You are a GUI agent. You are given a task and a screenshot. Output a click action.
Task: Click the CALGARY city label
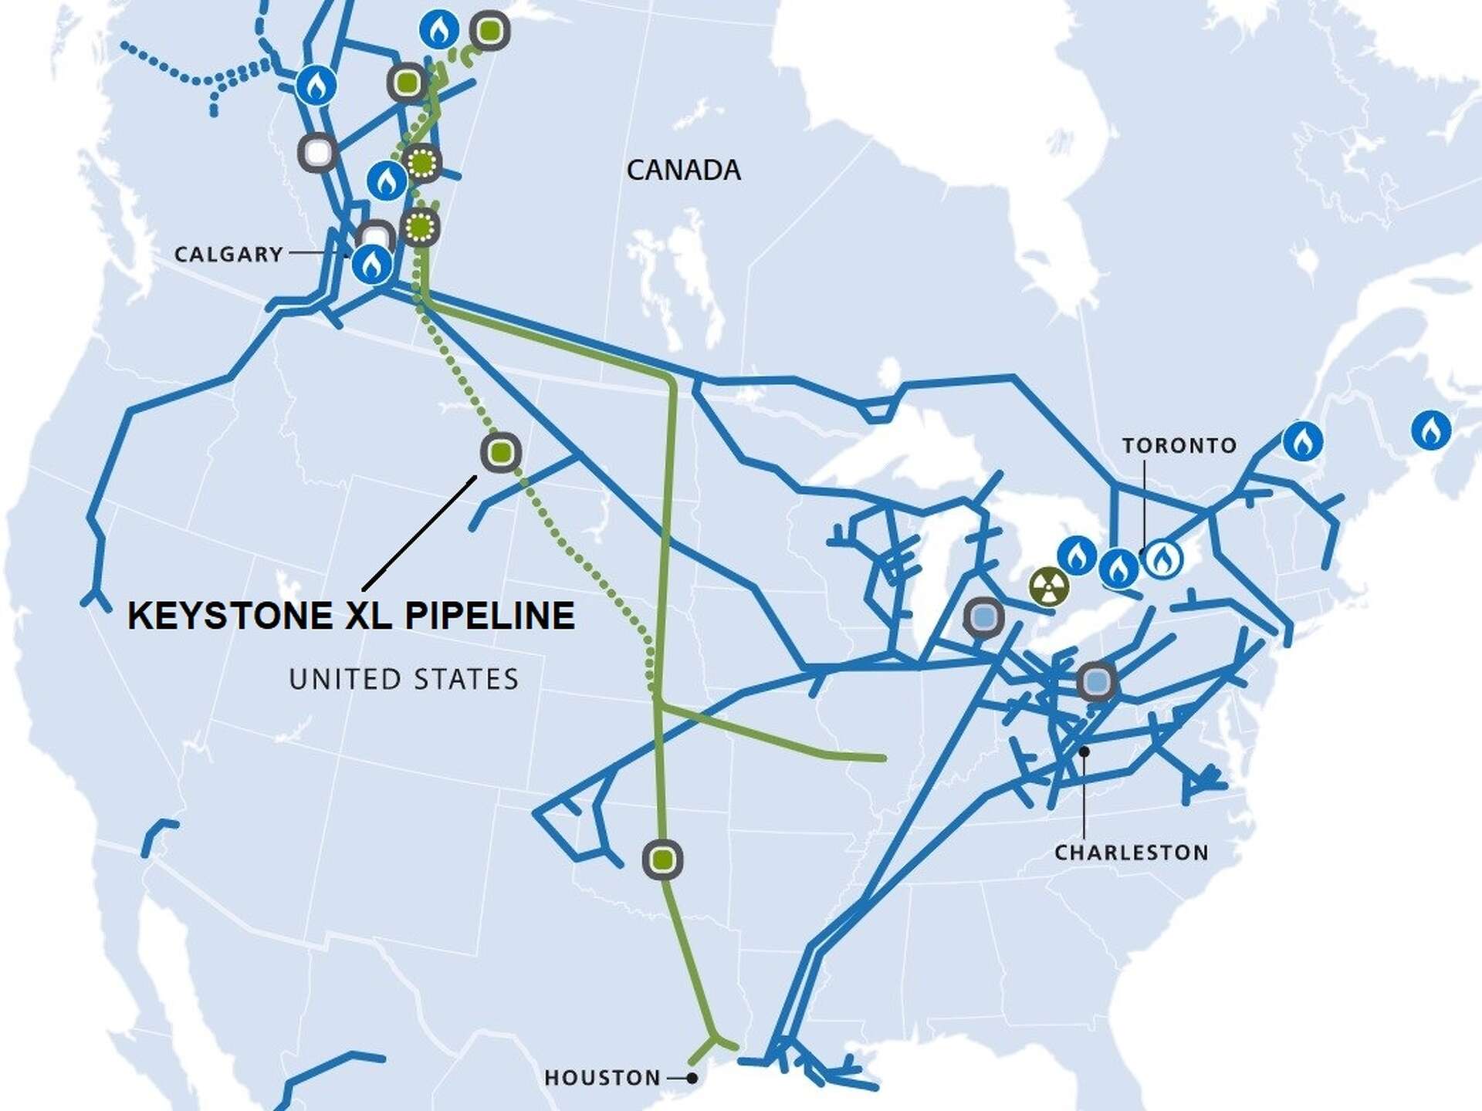pos(228,254)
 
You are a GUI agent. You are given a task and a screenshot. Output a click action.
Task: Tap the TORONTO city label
pos(1179,446)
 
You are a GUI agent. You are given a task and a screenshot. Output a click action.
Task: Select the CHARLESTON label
pos(1131,853)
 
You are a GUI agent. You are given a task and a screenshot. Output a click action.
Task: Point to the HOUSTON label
pos(602,1077)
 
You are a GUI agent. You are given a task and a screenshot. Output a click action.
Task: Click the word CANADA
pos(683,170)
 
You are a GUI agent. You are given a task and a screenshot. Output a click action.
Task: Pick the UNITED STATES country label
pos(404,679)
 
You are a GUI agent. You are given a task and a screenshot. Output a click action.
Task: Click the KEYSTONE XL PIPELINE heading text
pos(351,616)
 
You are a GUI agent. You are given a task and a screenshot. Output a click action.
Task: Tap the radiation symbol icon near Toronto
pos(1049,587)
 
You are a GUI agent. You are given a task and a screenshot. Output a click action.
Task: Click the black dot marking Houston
pos(692,1078)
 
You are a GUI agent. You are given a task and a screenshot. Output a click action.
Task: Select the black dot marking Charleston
pos(1084,751)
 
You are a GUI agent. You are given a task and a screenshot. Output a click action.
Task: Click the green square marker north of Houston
pos(662,859)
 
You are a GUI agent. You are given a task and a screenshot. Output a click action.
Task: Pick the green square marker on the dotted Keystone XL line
pos(500,453)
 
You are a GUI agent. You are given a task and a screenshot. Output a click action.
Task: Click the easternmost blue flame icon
pos(1430,430)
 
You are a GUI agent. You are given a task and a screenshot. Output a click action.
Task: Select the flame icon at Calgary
pos(372,264)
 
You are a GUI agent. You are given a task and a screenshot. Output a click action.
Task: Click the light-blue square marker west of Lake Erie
pos(983,616)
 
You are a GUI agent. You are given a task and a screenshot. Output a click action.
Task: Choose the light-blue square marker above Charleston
pos(1096,681)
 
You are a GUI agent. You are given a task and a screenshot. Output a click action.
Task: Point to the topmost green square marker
pos(489,31)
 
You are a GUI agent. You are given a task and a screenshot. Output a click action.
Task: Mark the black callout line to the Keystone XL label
pos(418,533)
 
